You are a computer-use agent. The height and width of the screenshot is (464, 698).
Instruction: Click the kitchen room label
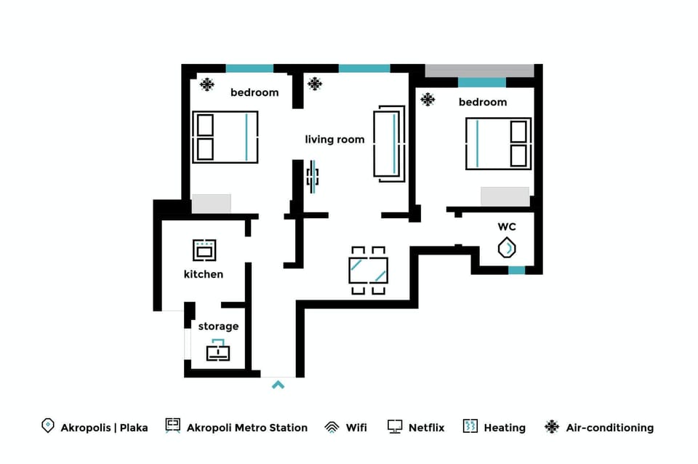click(x=204, y=274)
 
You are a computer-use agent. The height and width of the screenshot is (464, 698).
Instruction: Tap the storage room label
click(x=218, y=327)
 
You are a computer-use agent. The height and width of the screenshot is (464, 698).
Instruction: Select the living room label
click(x=334, y=140)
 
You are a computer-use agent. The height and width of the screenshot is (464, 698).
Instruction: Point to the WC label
click(x=507, y=227)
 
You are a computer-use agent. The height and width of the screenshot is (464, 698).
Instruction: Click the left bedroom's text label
click(x=254, y=92)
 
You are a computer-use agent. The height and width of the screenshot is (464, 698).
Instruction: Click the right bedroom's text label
click(x=483, y=103)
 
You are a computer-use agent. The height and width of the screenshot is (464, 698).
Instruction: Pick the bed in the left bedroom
click(x=225, y=137)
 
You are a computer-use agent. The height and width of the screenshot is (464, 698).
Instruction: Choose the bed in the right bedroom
click(x=498, y=143)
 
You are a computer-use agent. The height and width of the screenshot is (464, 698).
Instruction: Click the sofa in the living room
click(x=389, y=142)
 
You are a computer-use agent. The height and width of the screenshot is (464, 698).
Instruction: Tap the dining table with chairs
click(x=368, y=270)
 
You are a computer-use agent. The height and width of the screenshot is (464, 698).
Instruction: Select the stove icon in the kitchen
click(x=204, y=250)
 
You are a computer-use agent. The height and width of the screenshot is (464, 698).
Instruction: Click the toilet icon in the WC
click(x=507, y=248)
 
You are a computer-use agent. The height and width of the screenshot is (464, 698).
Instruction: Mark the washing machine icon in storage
click(x=218, y=351)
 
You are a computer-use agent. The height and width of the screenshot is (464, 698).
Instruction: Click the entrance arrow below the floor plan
click(x=278, y=384)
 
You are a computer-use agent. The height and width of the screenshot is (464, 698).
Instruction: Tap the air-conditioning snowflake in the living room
click(x=315, y=84)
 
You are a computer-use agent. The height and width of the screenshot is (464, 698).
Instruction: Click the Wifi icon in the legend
click(x=332, y=427)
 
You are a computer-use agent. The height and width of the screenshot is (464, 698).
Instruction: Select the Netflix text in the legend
click(x=426, y=428)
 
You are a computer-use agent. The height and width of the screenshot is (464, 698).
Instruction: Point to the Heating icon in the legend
click(x=470, y=426)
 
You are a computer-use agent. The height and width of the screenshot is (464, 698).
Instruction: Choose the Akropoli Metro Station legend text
click(x=247, y=428)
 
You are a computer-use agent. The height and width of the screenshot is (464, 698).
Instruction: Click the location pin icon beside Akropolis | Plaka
click(x=48, y=426)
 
